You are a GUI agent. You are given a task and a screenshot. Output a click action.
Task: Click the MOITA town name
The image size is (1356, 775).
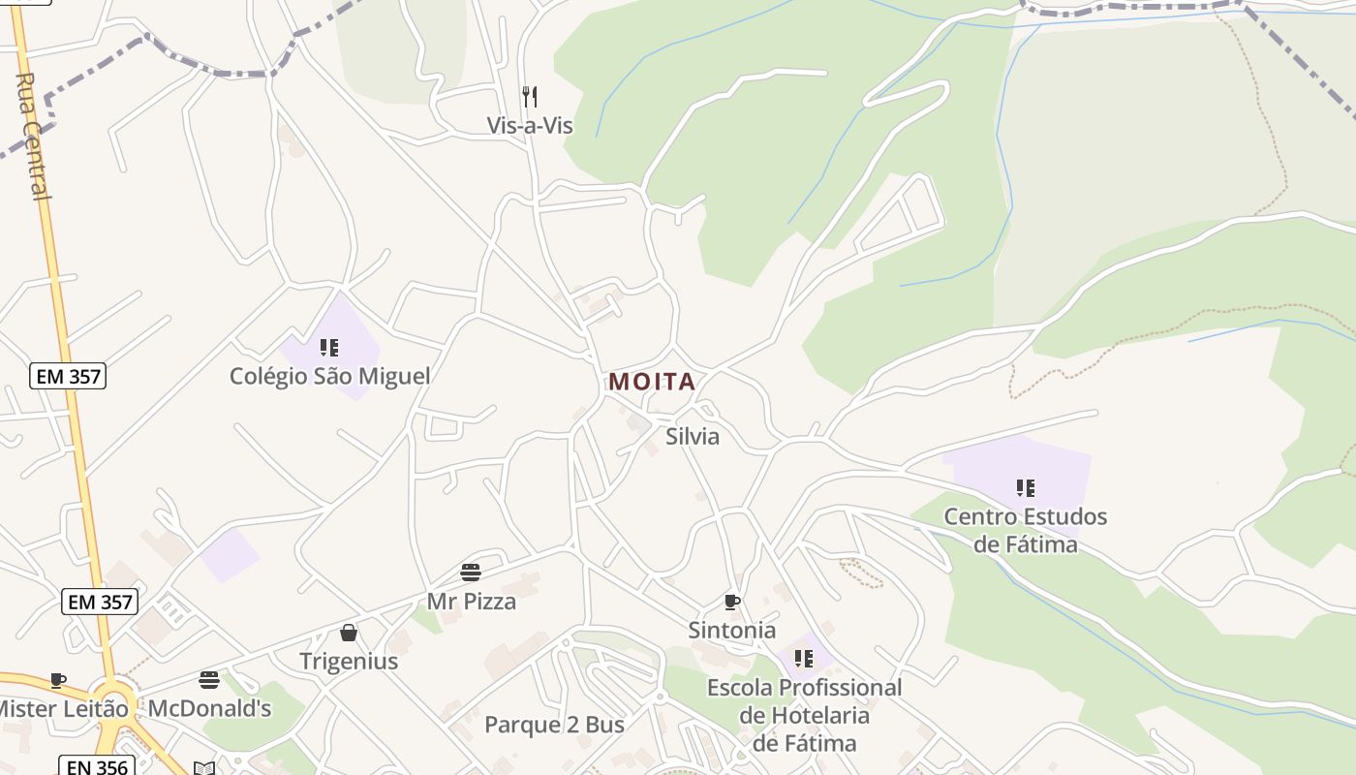[652, 382]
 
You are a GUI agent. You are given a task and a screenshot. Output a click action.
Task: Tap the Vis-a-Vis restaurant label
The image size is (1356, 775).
[530, 126]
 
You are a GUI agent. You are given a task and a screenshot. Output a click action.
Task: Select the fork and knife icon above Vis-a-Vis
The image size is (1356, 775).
[530, 96]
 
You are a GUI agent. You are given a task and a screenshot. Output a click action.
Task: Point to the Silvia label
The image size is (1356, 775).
[693, 437]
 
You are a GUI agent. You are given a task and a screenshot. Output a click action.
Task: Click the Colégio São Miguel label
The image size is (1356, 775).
[329, 376]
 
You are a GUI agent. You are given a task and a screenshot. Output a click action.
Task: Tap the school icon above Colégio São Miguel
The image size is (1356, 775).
[329, 347]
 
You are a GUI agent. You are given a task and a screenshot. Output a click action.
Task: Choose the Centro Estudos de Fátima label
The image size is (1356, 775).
[1025, 530]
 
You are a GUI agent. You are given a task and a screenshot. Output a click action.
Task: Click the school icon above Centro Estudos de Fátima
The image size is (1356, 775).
[1026, 487]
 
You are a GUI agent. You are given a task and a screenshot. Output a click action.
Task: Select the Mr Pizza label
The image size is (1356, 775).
[472, 602]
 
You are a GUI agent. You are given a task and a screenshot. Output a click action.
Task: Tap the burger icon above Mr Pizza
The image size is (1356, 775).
[471, 573]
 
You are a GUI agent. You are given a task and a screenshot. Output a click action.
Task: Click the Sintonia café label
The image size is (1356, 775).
[732, 631]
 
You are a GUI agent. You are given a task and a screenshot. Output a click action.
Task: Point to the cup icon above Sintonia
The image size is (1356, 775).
[732, 602]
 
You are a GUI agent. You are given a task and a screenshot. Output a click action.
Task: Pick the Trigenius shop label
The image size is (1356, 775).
[349, 662]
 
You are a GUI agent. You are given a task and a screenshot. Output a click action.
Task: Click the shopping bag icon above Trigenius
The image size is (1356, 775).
[349, 633]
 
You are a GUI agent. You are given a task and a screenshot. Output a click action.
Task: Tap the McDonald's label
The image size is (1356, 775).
[209, 709]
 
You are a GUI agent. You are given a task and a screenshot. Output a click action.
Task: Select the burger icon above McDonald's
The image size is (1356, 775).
[209, 679]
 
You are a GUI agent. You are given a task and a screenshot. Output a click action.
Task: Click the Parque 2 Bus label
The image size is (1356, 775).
[554, 725]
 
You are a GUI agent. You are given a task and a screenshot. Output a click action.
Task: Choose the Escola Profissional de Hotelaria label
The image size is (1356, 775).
[804, 715]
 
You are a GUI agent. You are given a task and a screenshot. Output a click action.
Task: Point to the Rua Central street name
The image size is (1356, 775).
[33, 136]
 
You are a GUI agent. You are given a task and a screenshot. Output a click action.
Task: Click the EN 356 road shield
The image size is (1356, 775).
[95, 766]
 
